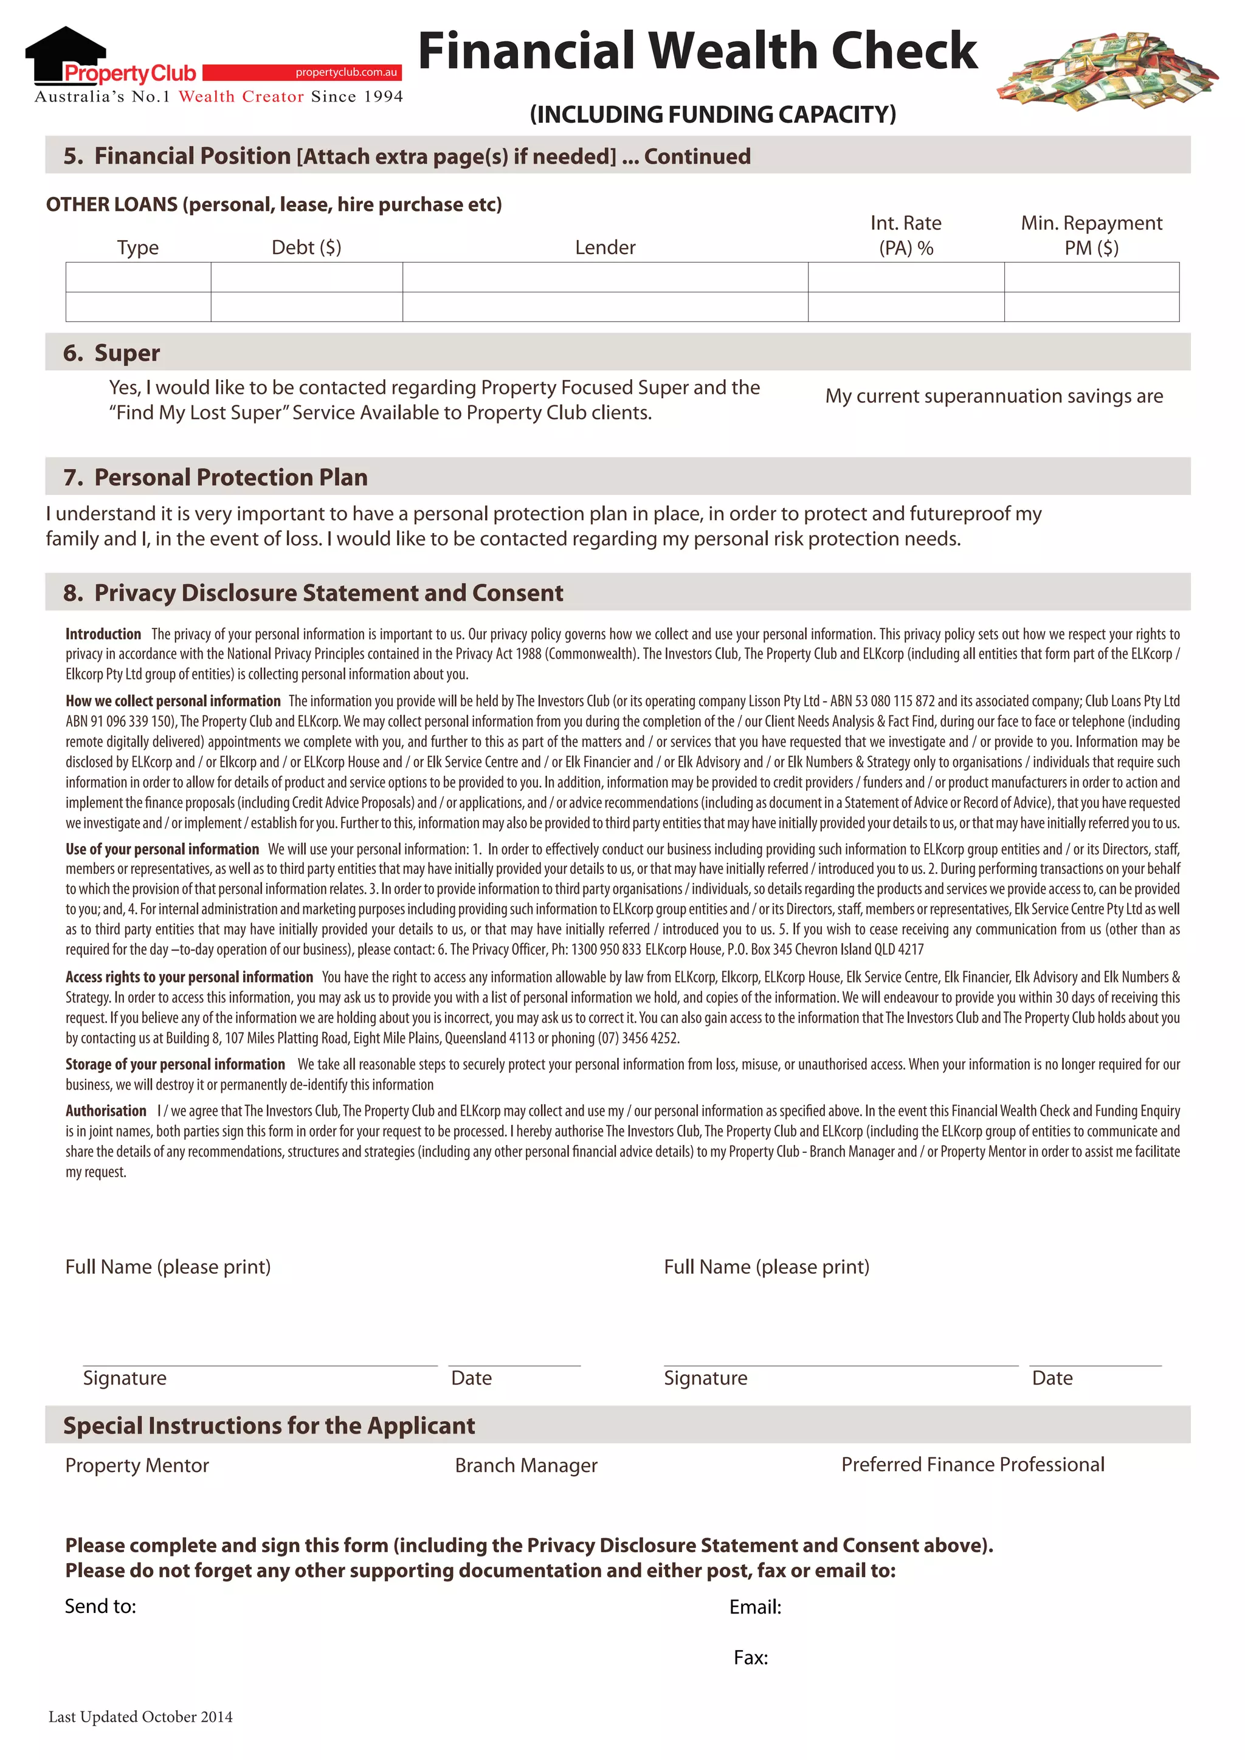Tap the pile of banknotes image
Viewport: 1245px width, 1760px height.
tap(1107, 70)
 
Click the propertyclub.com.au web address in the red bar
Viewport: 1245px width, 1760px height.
tap(346, 72)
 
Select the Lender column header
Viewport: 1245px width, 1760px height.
tap(605, 247)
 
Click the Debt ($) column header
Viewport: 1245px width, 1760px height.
tap(306, 247)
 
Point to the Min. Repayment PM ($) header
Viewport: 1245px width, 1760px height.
tap(1091, 235)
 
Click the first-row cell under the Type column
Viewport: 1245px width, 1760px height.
tap(138, 278)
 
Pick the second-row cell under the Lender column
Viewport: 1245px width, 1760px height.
tap(605, 307)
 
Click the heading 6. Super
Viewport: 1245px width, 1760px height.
tap(112, 352)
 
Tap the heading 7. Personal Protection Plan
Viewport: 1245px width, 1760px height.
tap(215, 477)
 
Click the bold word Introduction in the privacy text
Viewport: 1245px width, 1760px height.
tap(103, 634)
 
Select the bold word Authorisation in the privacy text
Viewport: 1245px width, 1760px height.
tap(106, 1111)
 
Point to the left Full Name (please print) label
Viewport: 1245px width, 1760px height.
tap(168, 1267)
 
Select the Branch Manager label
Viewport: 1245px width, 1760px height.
tap(526, 1466)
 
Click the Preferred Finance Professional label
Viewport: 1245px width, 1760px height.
tap(972, 1465)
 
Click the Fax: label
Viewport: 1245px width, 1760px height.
tap(751, 1658)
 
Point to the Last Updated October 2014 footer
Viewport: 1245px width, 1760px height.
tap(140, 1717)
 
